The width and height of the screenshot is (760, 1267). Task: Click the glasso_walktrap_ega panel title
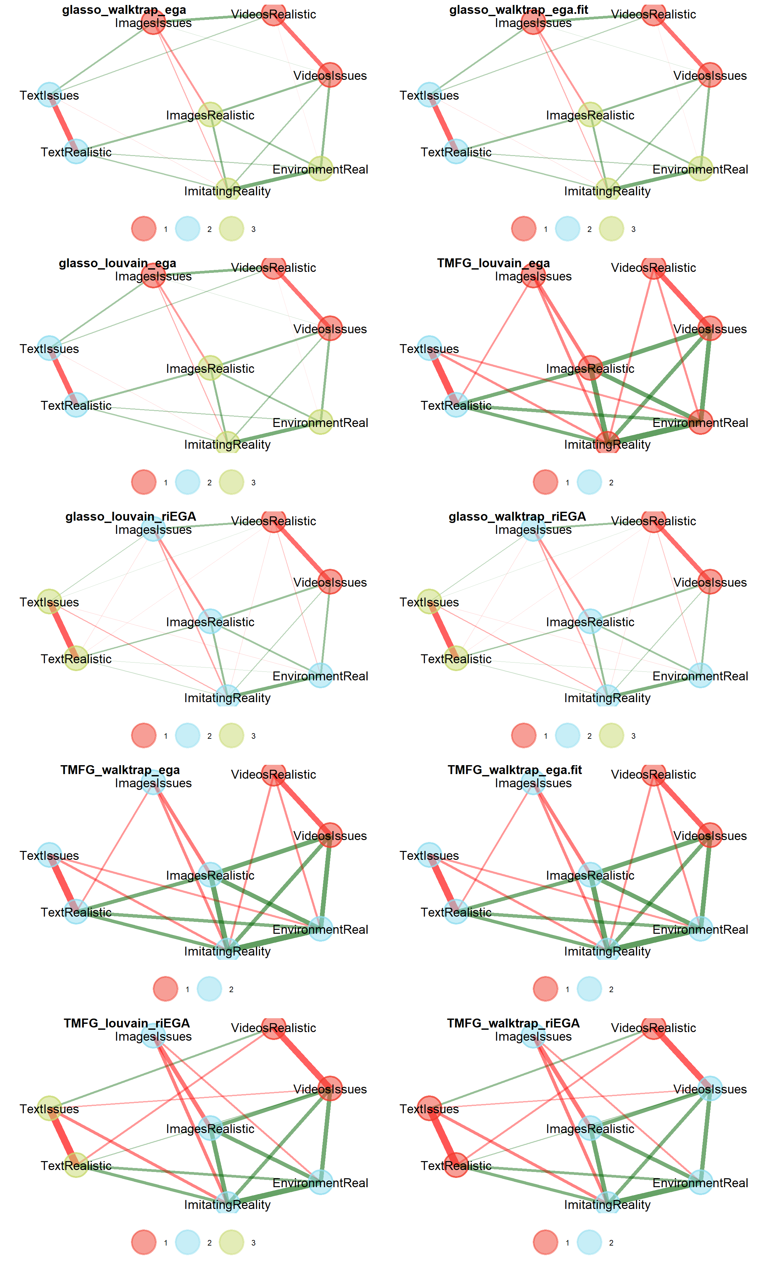pyautogui.click(x=124, y=10)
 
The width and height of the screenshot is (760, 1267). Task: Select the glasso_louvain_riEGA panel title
pyautogui.click(x=131, y=516)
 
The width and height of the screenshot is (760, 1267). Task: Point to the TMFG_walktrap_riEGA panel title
pyautogui.click(x=513, y=1023)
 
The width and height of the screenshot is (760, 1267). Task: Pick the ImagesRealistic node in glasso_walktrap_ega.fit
pyautogui.click(x=590, y=115)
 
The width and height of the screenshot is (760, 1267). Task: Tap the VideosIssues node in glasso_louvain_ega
pyautogui.click(x=330, y=328)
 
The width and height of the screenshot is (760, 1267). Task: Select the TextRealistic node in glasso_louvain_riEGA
pyautogui.click(x=76, y=658)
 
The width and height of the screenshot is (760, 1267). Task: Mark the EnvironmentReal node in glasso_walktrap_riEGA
pyautogui.click(x=700, y=675)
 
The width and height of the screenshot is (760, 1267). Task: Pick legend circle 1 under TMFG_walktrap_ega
pyautogui.click(x=165, y=989)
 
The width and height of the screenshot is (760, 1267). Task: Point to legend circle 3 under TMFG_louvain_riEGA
pyautogui.click(x=232, y=1242)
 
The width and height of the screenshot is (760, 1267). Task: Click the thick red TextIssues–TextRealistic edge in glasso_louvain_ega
pyautogui.click(x=62, y=376)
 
